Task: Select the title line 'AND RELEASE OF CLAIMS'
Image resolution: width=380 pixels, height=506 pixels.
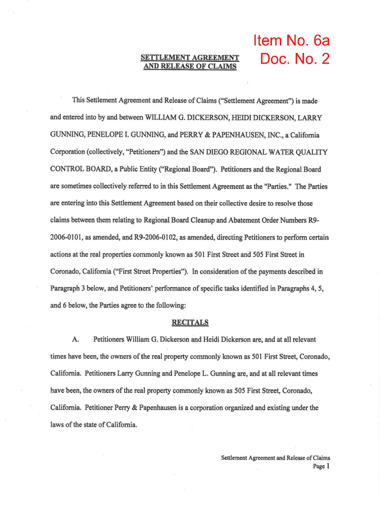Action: click(190, 66)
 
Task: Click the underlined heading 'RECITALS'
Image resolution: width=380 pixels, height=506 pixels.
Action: click(190, 323)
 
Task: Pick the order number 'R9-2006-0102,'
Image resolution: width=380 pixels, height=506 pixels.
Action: click(158, 238)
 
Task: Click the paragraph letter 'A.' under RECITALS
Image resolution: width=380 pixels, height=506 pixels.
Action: click(76, 340)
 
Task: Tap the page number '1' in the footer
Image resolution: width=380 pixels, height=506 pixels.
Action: click(328, 466)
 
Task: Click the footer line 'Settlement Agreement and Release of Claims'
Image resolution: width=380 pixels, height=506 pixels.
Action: click(275, 458)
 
